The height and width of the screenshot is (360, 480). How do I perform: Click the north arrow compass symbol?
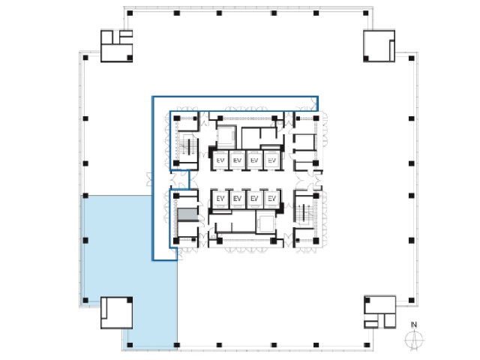[x=414, y=340]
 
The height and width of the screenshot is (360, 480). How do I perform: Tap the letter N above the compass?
[x=414, y=325]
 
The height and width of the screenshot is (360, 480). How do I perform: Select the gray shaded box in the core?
[x=187, y=214]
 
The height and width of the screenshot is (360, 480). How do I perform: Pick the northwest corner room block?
[x=117, y=46]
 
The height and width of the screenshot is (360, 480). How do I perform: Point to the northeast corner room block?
[x=379, y=46]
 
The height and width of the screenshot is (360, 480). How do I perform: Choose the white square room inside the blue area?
[x=117, y=313]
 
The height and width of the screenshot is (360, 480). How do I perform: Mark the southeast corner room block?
[x=380, y=312]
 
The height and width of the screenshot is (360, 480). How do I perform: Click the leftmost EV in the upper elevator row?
[x=220, y=160]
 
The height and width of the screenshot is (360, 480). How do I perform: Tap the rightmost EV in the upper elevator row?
[x=271, y=160]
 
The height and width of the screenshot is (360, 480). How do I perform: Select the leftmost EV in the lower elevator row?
[x=220, y=199]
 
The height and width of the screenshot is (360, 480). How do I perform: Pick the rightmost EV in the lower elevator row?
[x=271, y=199]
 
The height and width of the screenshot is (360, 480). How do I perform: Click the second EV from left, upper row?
[x=237, y=160]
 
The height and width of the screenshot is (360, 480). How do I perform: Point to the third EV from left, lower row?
[x=254, y=199]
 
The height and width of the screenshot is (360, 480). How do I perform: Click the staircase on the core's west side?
[x=187, y=148]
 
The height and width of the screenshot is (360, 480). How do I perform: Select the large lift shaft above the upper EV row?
[x=226, y=137]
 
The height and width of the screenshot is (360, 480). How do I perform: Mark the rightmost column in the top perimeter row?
[x=365, y=13]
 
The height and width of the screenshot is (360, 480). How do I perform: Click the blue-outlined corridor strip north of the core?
[x=235, y=103]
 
